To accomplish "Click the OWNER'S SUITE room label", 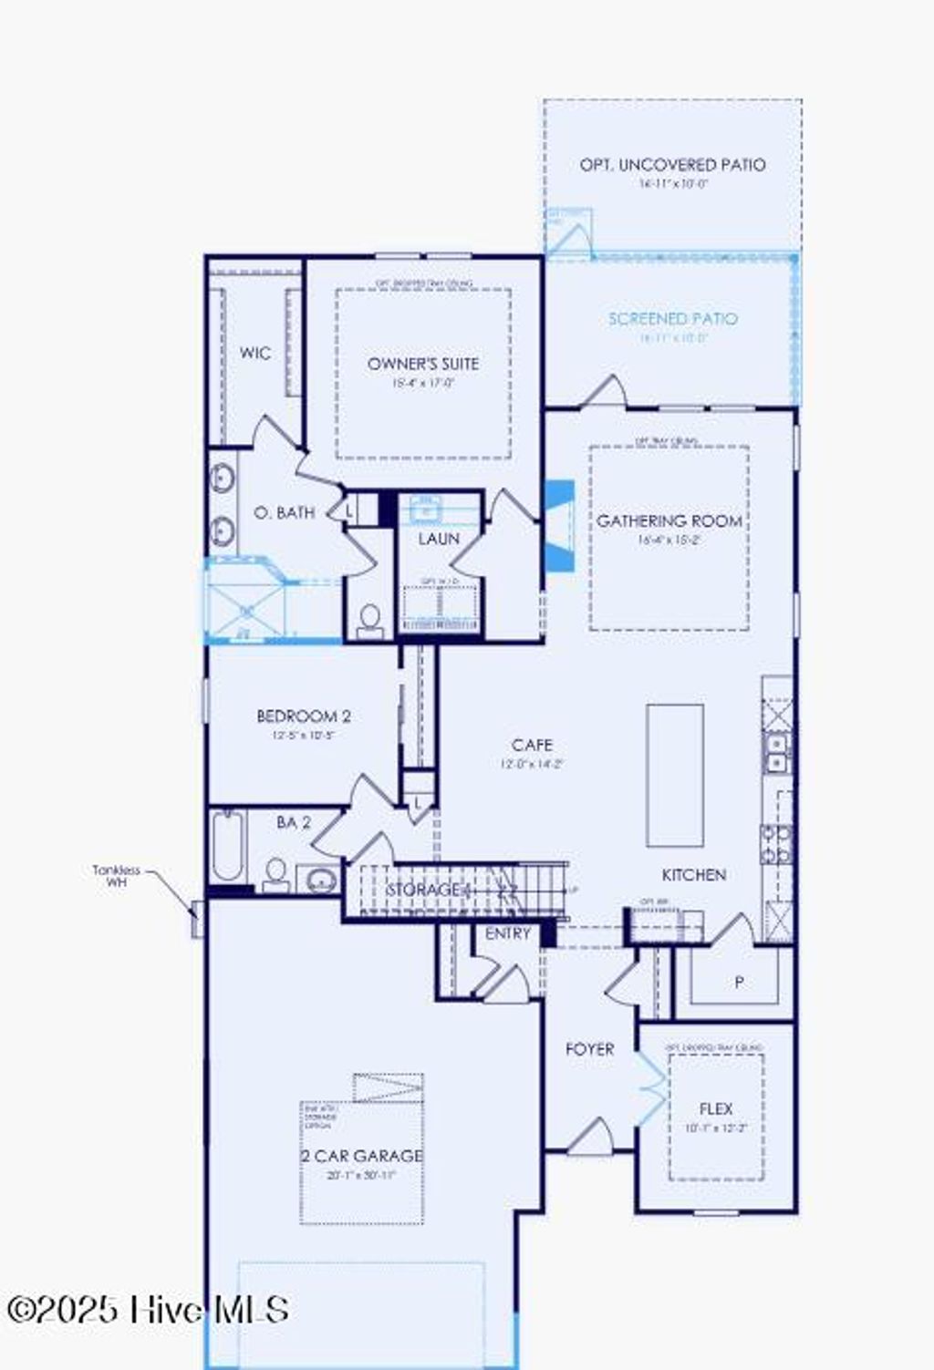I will tap(422, 364).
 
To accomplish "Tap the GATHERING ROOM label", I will tap(669, 521).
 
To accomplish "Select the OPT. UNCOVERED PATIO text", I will tap(672, 165).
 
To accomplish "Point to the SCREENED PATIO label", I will tap(672, 319).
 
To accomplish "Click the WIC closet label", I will tap(255, 354).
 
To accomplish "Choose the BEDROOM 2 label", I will tap(303, 716).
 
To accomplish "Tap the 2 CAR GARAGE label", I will tap(362, 1156).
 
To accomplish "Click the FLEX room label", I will tap(716, 1109).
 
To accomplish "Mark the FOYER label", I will tap(589, 1050).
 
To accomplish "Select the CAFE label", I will tap(532, 746).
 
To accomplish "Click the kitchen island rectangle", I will tap(675, 776).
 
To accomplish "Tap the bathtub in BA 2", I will tap(227, 845).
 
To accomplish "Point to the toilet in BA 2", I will tap(275, 875).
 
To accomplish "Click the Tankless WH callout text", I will tap(117, 876).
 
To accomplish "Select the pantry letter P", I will tap(739, 983).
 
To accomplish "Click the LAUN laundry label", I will tap(439, 540).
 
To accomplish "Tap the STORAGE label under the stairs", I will tap(423, 889).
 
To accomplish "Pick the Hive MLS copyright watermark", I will tap(148, 1310).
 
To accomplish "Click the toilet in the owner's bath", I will tap(369, 622).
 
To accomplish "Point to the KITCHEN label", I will tap(693, 875).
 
